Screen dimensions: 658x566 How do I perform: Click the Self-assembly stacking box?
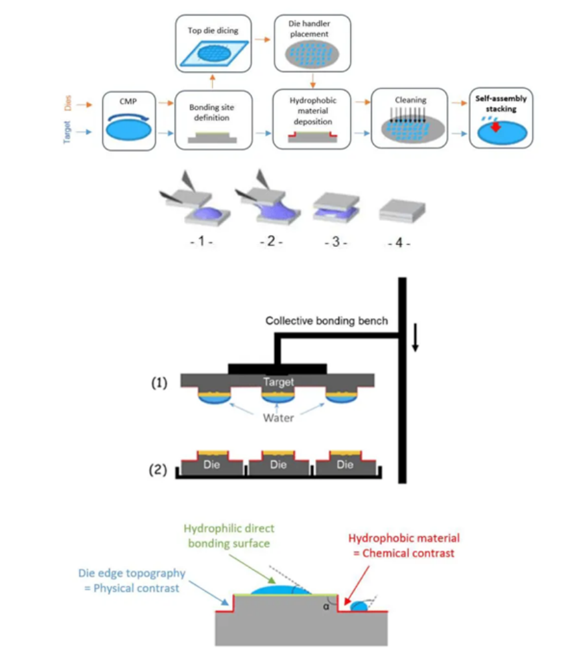point(501,118)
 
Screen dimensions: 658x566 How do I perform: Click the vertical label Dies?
point(68,104)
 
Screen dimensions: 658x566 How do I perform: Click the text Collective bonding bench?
point(326,321)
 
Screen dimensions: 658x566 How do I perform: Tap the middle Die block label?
point(278,465)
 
